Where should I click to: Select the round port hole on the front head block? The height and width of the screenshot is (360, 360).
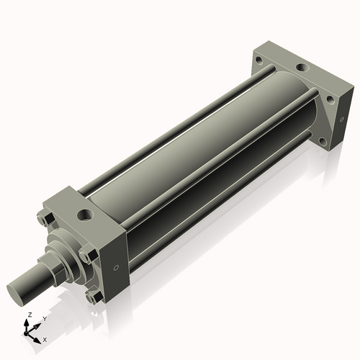click(84, 215)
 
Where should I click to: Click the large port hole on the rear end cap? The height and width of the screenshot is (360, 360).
click(303, 68)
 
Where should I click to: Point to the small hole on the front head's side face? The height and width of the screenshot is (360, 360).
click(116, 268)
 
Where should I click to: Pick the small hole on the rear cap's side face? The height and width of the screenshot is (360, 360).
click(342, 119)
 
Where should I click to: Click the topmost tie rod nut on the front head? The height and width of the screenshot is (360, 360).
click(46, 218)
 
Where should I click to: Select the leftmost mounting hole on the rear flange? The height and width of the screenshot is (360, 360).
click(258, 59)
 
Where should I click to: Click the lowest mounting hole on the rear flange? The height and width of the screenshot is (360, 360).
click(323, 141)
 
